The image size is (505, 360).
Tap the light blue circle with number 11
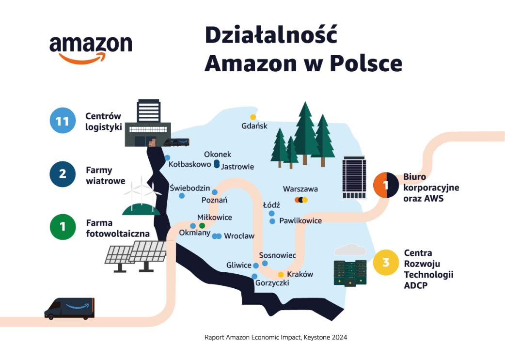point(63,121)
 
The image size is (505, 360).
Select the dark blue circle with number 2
point(63,173)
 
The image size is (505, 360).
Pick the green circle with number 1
point(63,226)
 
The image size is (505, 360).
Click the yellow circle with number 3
point(386,263)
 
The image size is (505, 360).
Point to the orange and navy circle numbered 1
point(386,185)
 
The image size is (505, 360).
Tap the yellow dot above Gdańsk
point(252,117)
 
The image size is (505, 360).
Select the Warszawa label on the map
point(300,189)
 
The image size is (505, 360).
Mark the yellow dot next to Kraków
point(281,275)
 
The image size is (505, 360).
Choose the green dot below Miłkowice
point(202,226)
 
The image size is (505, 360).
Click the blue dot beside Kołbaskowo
point(167,157)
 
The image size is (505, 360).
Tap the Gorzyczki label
point(272,283)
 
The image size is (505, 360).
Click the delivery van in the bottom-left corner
point(69,309)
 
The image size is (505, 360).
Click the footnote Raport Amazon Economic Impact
point(275,337)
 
